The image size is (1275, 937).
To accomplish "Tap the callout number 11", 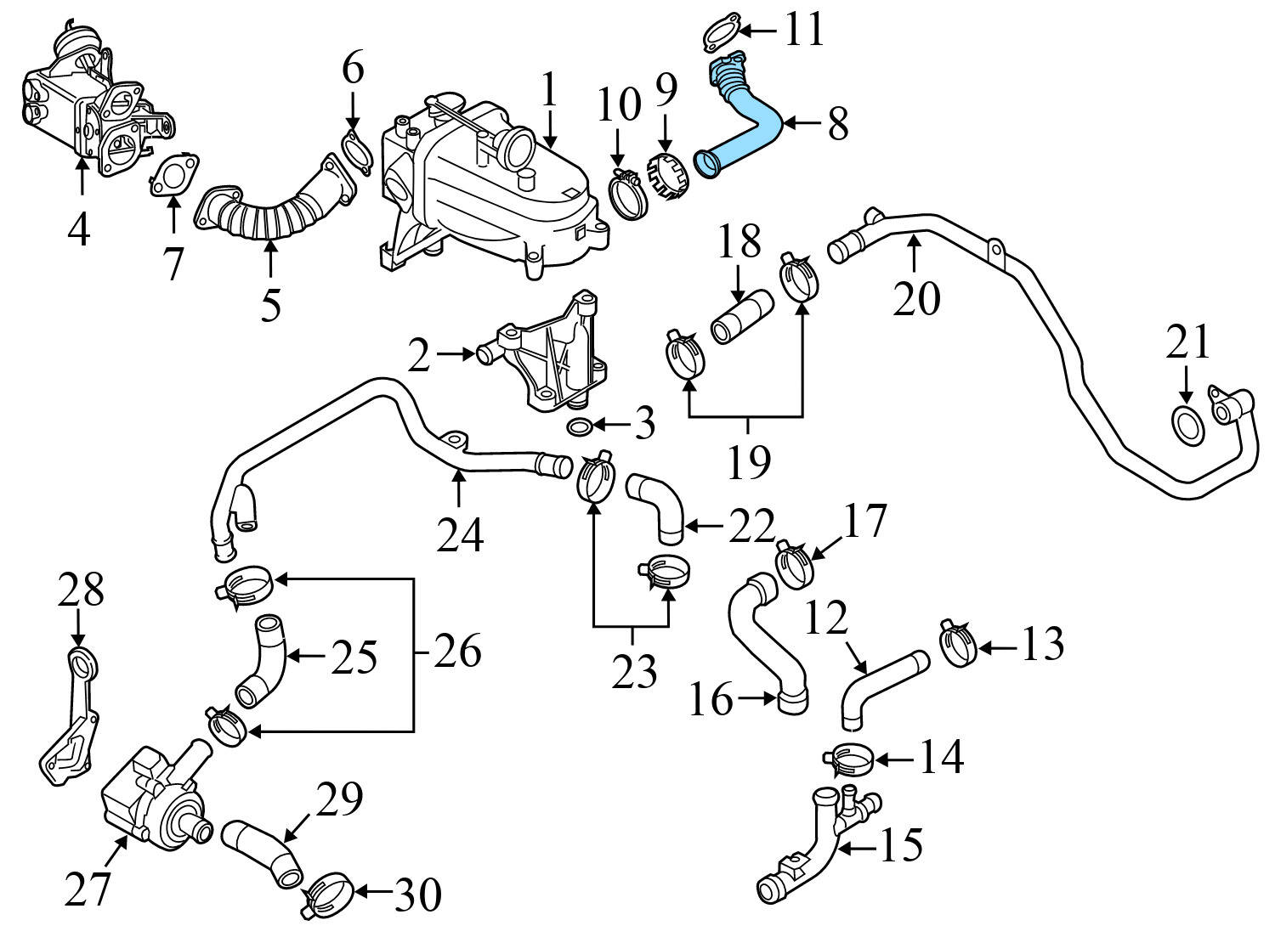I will tap(802, 31).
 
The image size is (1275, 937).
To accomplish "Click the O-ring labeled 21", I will tap(1187, 425).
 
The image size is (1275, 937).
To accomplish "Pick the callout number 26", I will tap(457, 651).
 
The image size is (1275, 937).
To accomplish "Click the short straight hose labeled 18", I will tap(740, 318).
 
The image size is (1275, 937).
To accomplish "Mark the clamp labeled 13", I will tap(958, 644).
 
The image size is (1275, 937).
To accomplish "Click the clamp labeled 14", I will tap(847, 757).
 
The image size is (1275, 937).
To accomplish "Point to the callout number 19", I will tap(748, 460).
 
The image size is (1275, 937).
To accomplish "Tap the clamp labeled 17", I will tap(796, 564).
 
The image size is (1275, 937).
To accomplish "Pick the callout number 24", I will tap(460, 535).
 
